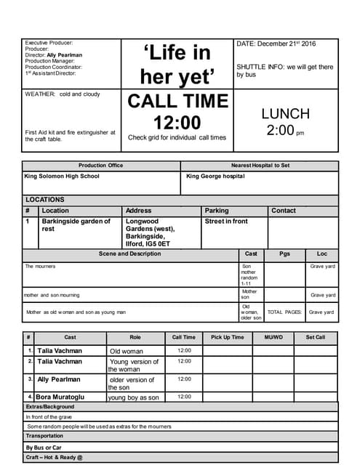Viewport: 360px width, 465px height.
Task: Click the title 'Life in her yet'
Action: click(x=179, y=63)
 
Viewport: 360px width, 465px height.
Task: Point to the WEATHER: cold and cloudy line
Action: click(x=63, y=94)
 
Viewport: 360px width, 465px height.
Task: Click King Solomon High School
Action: click(x=62, y=176)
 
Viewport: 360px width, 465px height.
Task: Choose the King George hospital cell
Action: click(x=215, y=176)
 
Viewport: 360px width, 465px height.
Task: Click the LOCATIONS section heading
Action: click(x=45, y=200)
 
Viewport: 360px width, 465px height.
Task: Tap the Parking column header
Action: click(x=217, y=211)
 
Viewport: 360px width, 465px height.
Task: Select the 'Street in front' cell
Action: click(x=226, y=221)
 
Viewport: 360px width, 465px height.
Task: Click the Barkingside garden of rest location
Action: click(x=76, y=225)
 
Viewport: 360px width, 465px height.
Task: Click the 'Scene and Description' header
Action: click(x=130, y=254)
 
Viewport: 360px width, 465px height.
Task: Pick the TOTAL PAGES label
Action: click(x=284, y=312)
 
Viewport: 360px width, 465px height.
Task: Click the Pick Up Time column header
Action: click(x=228, y=337)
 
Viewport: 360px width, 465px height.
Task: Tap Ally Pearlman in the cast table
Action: click(x=60, y=379)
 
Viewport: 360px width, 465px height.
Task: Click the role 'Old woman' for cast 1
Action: click(x=127, y=351)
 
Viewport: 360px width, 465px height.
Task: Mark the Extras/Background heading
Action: click(x=50, y=407)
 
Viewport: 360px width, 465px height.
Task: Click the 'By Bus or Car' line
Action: click(x=44, y=447)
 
